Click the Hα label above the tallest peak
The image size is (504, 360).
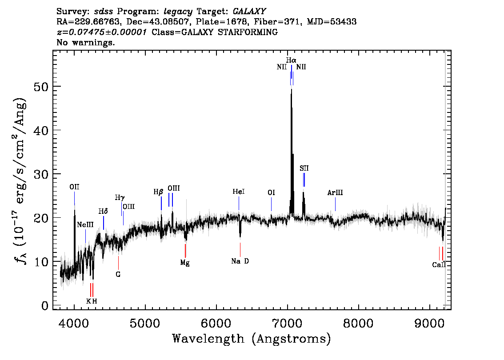[x=291, y=60]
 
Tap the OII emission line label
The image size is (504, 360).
[x=74, y=187]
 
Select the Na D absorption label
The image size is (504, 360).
[x=240, y=261]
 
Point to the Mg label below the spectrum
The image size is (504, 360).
[x=185, y=263]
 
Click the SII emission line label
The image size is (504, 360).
[x=304, y=168]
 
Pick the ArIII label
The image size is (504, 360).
[x=335, y=193]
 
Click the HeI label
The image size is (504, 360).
[x=239, y=192]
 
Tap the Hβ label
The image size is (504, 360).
[x=159, y=192]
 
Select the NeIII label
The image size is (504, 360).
[x=85, y=224]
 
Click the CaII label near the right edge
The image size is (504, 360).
[x=439, y=265]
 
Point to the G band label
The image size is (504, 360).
[x=118, y=274]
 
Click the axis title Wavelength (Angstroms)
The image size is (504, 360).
[x=252, y=339]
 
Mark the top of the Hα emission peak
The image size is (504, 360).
[x=291, y=89]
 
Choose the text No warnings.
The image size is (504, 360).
[x=86, y=43]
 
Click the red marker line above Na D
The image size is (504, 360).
[x=240, y=249]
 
